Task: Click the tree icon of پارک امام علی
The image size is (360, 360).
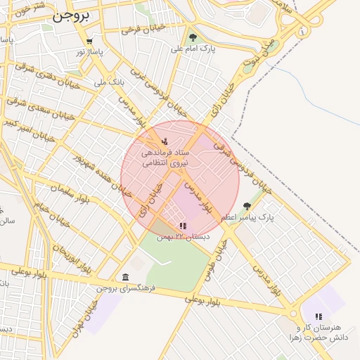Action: pyautogui.click(x=193, y=37)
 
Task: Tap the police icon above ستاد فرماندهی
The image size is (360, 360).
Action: pyautogui.click(x=165, y=141)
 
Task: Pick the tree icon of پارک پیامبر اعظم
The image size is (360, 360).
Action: pyautogui.click(x=246, y=206)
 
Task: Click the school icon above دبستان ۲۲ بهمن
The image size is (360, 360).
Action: pyautogui.click(x=183, y=226)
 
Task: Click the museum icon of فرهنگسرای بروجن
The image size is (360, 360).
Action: pyautogui.click(x=125, y=277)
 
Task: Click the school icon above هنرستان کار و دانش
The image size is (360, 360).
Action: pyautogui.click(x=319, y=317)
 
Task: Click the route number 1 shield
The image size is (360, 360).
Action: pyautogui.click(x=303, y=32)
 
